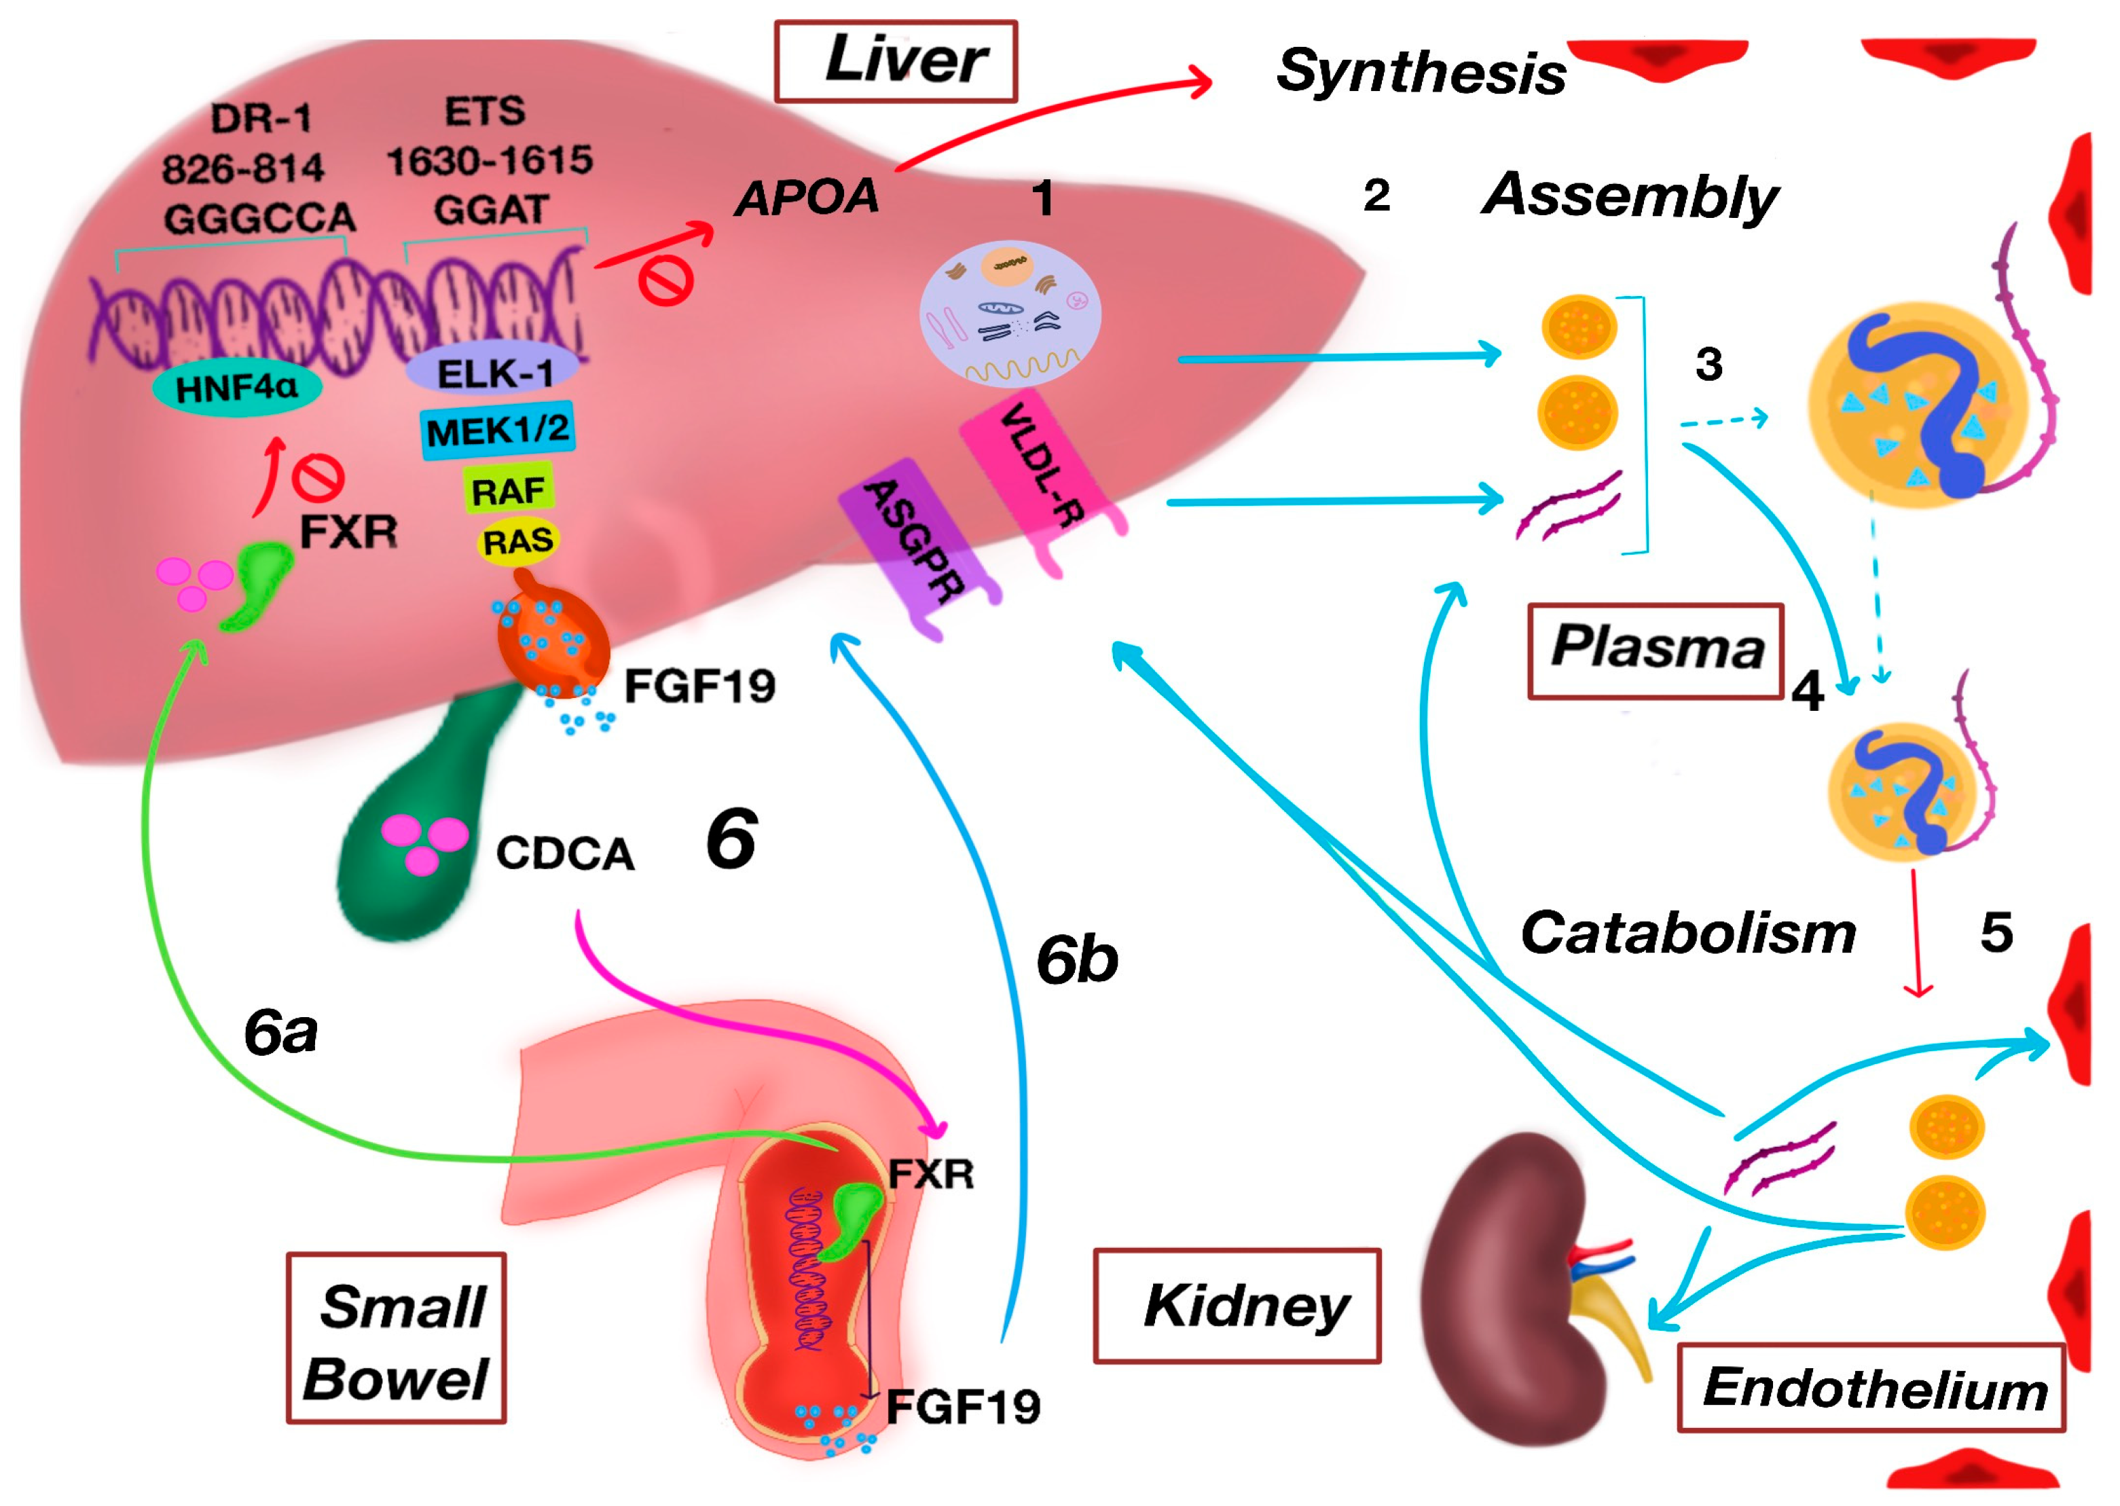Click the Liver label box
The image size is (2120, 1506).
point(895,61)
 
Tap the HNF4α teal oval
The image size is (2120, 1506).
point(238,388)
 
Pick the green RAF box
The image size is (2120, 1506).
point(508,490)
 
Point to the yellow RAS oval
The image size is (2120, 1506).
point(518,540)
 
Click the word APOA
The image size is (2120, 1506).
point(807,198)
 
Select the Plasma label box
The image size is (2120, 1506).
point(1656,649)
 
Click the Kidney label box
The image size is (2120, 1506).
point(1237,1306)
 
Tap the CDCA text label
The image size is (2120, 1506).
point(565,853)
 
